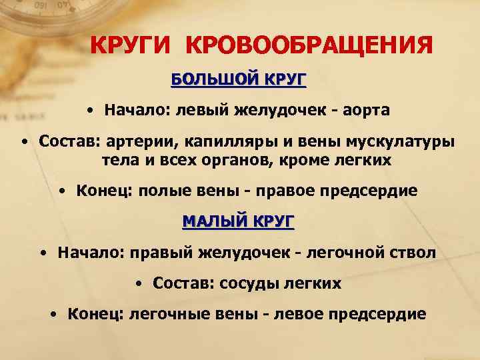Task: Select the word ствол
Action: pyautogui.click(x=413, y=253)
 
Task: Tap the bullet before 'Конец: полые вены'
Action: pyautogui.click(x=61, y=191)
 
